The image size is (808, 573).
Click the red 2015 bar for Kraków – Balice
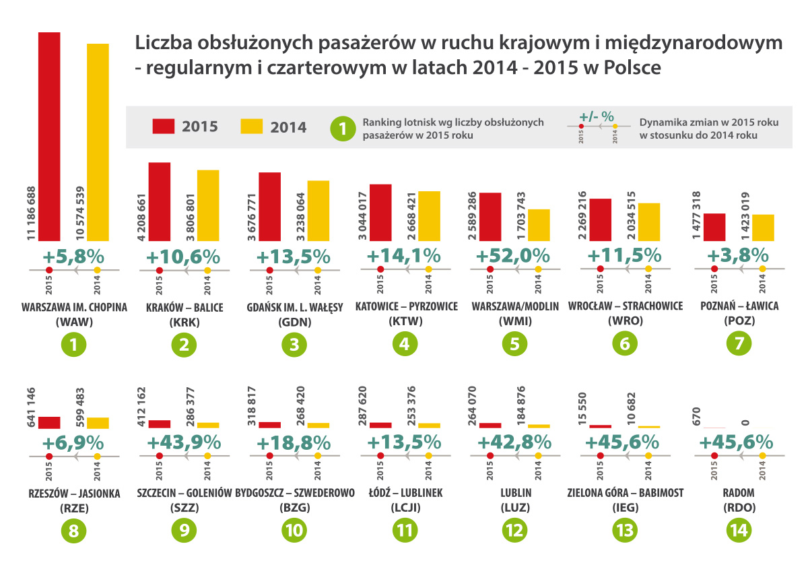click(159, 201)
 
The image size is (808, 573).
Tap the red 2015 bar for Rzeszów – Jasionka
click(49, 423)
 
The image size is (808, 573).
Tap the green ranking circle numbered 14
click(739, 531)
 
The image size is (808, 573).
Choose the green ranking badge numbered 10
click(294, 531)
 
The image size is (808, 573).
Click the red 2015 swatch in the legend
click(164, 127)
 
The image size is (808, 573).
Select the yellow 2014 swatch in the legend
click(251, 127)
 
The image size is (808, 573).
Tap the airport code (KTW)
click(405, 321)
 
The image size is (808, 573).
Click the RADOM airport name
click(738, 493)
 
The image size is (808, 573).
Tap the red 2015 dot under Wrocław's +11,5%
click(600, 269)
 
